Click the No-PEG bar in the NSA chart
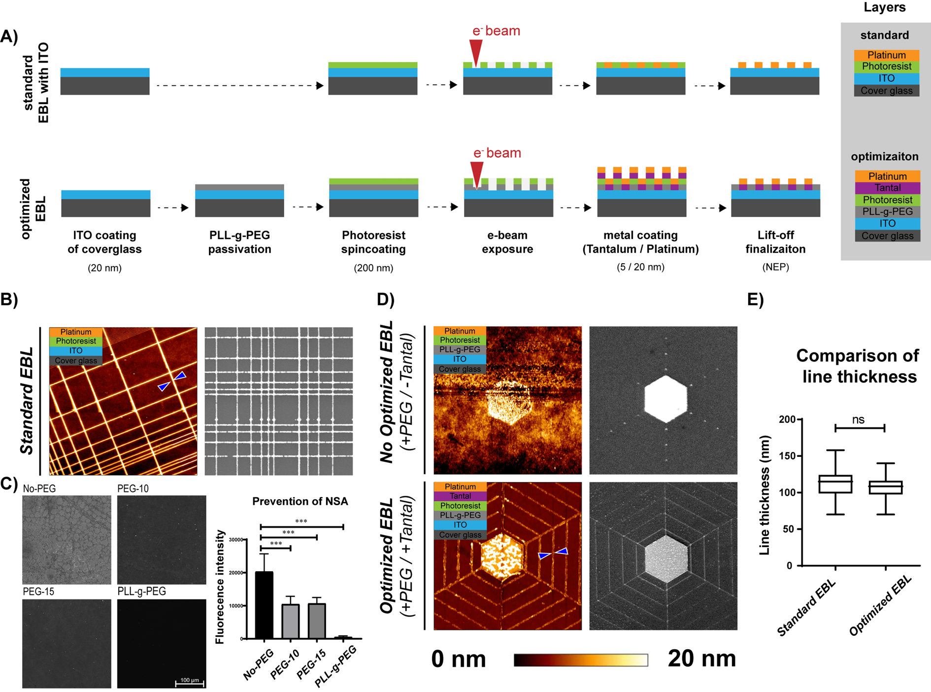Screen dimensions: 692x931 click(x=265, y=605)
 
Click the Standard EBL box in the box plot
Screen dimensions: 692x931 click(x=835, y=484)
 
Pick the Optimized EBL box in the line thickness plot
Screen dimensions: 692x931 click(x=886, y=487)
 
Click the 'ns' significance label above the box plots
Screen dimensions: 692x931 click(x=858, y=420)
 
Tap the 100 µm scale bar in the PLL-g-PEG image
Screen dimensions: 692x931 click(x=190, y=682)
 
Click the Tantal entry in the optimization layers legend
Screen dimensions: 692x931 click(x=887, y=188)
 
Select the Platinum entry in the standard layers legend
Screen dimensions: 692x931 click(x=886, y=55)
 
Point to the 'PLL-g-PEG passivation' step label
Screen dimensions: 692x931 click(x=239, y=242)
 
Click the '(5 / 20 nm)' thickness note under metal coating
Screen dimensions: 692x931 click(x=640, y=267)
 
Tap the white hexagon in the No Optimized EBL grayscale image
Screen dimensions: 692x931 click(x=665, y=399)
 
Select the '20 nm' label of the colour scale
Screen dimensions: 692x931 click(x=701, y=659)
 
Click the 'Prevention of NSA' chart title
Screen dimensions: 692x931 click(x=300, y=501)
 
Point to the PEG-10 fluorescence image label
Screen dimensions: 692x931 click(x=133, y=488)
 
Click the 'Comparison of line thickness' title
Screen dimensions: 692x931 click(x=857, y=366)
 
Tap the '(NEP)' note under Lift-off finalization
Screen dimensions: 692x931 click(x=775, y=267)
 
